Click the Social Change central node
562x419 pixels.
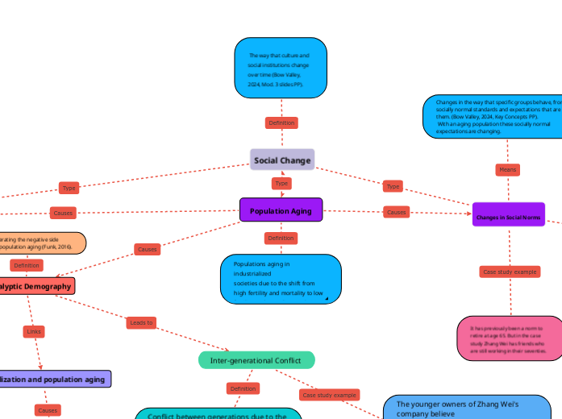pyautogui.click(x=281, y=160)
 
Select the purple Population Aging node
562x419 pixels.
pyautogui.click(x=281, y=211)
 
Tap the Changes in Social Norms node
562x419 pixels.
pyautogui.click(x=508, y=218)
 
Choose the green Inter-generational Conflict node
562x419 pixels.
pyautogui.click(x=256, y=360)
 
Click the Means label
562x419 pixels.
pyautogui.click(x=507, y=170)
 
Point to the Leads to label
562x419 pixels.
pyautogui.click(x=141, y=322)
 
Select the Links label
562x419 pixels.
pyautogui.click(x=34, y=331)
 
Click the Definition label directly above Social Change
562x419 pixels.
pyautogui.click(x=281, y=123)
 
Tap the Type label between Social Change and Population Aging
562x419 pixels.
pyautogui.click(x=281, y=184)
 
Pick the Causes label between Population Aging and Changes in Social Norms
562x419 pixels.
pyautogui.click(x=396, y=212)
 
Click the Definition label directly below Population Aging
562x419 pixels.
pyautogui.click(x=281, y=238)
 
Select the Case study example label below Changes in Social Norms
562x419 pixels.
pyautogui.click(x=509, y=272)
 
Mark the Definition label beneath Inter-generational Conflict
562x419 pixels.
pyautogui.click(x=243, y=388)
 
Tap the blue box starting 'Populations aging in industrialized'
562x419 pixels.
pyautogui.click(x=281, y=279)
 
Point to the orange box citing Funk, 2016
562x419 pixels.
pyautogui.click(x=40, y=243)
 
